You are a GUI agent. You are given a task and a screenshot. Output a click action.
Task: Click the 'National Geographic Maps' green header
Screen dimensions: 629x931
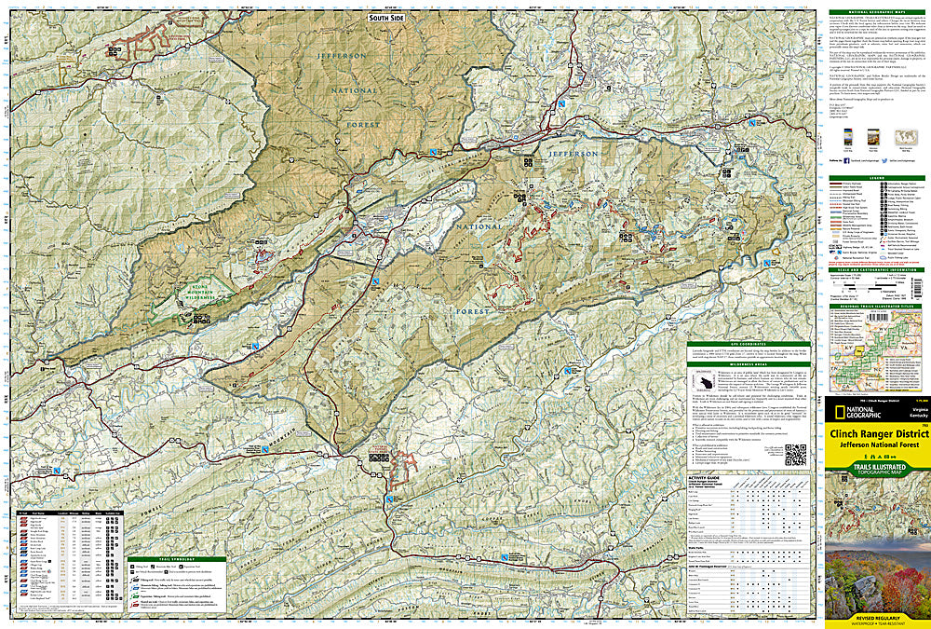(872, 11)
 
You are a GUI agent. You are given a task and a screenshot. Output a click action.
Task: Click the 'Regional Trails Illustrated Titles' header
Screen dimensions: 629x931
(872, 306)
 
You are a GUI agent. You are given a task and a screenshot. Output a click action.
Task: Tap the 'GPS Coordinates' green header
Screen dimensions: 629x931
(749, 345)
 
